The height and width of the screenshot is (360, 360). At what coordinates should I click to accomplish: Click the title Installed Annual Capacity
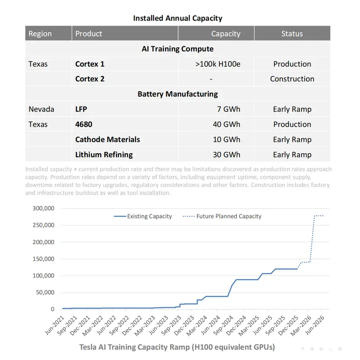[x=178, y=18]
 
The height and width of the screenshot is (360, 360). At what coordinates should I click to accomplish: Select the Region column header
[x=40, y=34]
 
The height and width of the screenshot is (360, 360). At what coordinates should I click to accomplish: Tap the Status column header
[x=292, y=34]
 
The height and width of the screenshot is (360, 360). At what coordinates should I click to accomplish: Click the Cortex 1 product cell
[x=90, y=64]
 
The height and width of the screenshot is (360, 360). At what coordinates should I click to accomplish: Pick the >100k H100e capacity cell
[x=218, y=64]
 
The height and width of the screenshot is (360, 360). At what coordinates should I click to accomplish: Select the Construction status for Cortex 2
[x=292, y=79]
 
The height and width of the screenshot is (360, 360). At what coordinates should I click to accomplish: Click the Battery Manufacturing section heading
[x=178, y=94]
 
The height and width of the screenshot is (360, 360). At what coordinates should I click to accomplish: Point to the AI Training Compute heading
[x=178, y=49]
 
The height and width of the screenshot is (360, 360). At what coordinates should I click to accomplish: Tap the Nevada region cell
[x=41, y=109]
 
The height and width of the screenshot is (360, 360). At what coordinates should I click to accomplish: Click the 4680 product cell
[x=84, y=124]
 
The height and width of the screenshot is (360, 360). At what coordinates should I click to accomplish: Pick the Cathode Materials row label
[x=108, y=139]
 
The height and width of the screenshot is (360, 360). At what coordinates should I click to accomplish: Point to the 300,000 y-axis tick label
[x=43, y=209]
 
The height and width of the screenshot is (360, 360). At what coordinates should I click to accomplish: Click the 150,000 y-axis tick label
[x=43, y=259]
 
